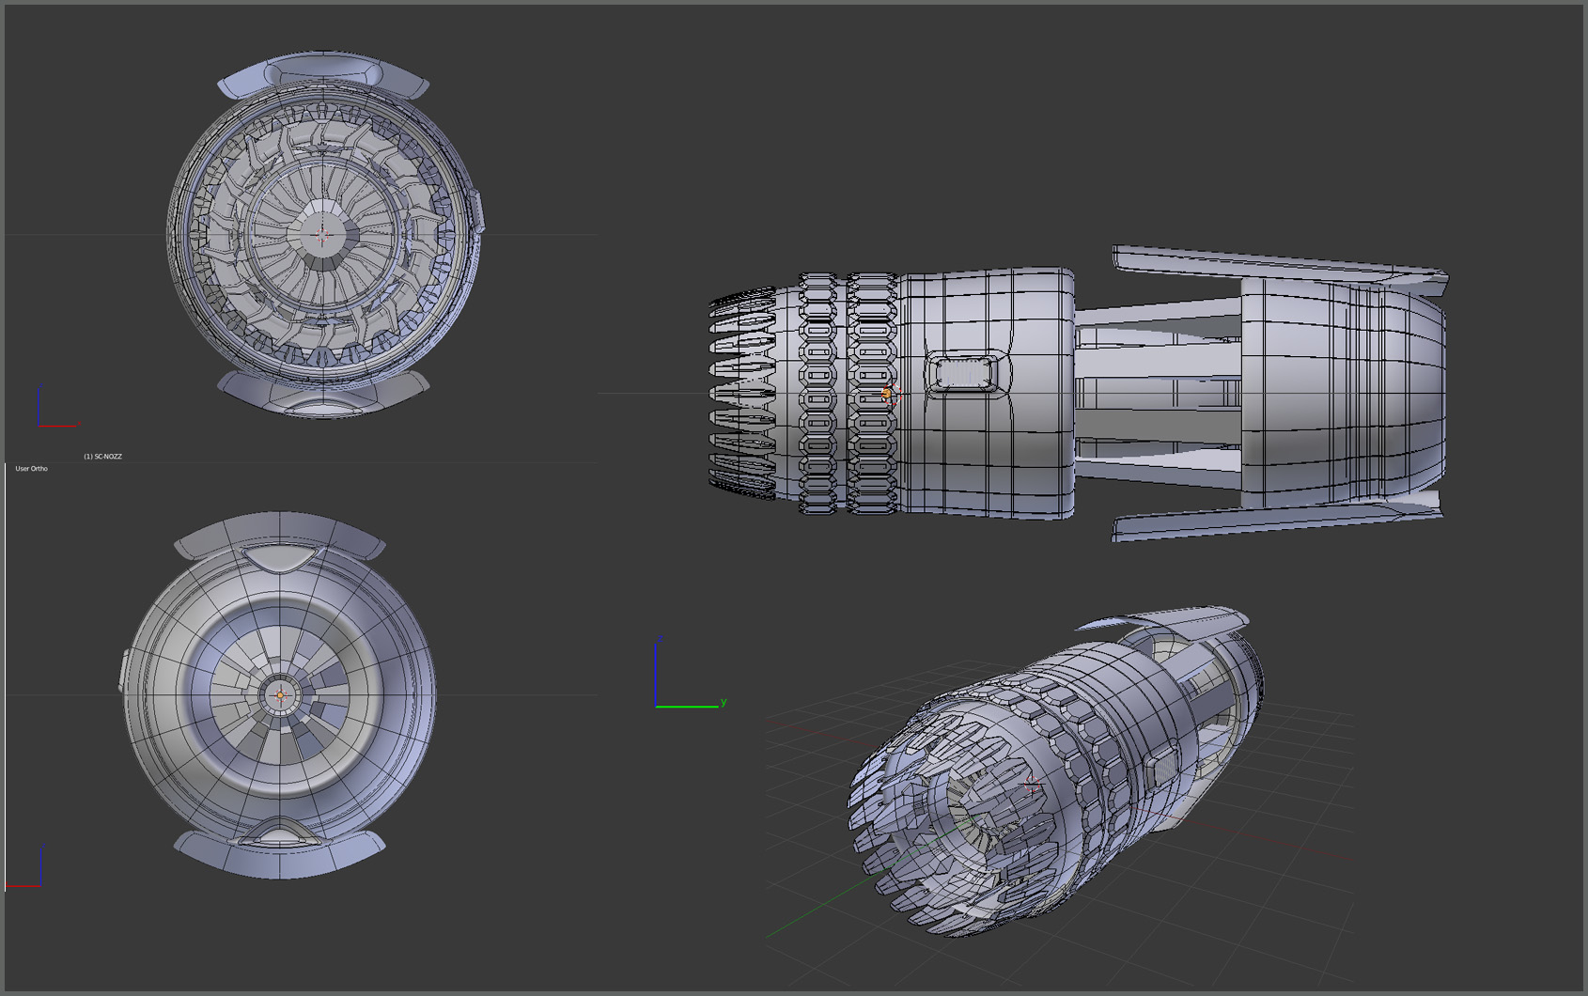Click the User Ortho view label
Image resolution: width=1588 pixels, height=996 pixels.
click(x=31, y=468)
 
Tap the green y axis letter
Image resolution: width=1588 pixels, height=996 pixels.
click(x=723, y=702)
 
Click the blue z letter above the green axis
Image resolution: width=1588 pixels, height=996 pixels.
click(x=660, y=639)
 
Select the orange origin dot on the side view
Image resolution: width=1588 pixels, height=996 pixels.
click(x=886, y=394)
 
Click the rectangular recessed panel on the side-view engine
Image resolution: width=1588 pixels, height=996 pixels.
click(x=962, y=373)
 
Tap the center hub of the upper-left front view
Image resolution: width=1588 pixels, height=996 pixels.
click(x=322, y=234)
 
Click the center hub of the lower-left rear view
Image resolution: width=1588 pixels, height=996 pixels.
click(x=280, y=695)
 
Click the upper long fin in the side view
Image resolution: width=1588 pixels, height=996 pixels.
click(x=1278, y=263)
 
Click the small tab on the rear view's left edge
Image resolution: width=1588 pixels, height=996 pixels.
click(x=124, y=669)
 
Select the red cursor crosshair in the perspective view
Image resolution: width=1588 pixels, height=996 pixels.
click(x=1033, y=783)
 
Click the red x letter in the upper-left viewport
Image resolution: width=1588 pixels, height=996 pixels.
click(x=80, y=424)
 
